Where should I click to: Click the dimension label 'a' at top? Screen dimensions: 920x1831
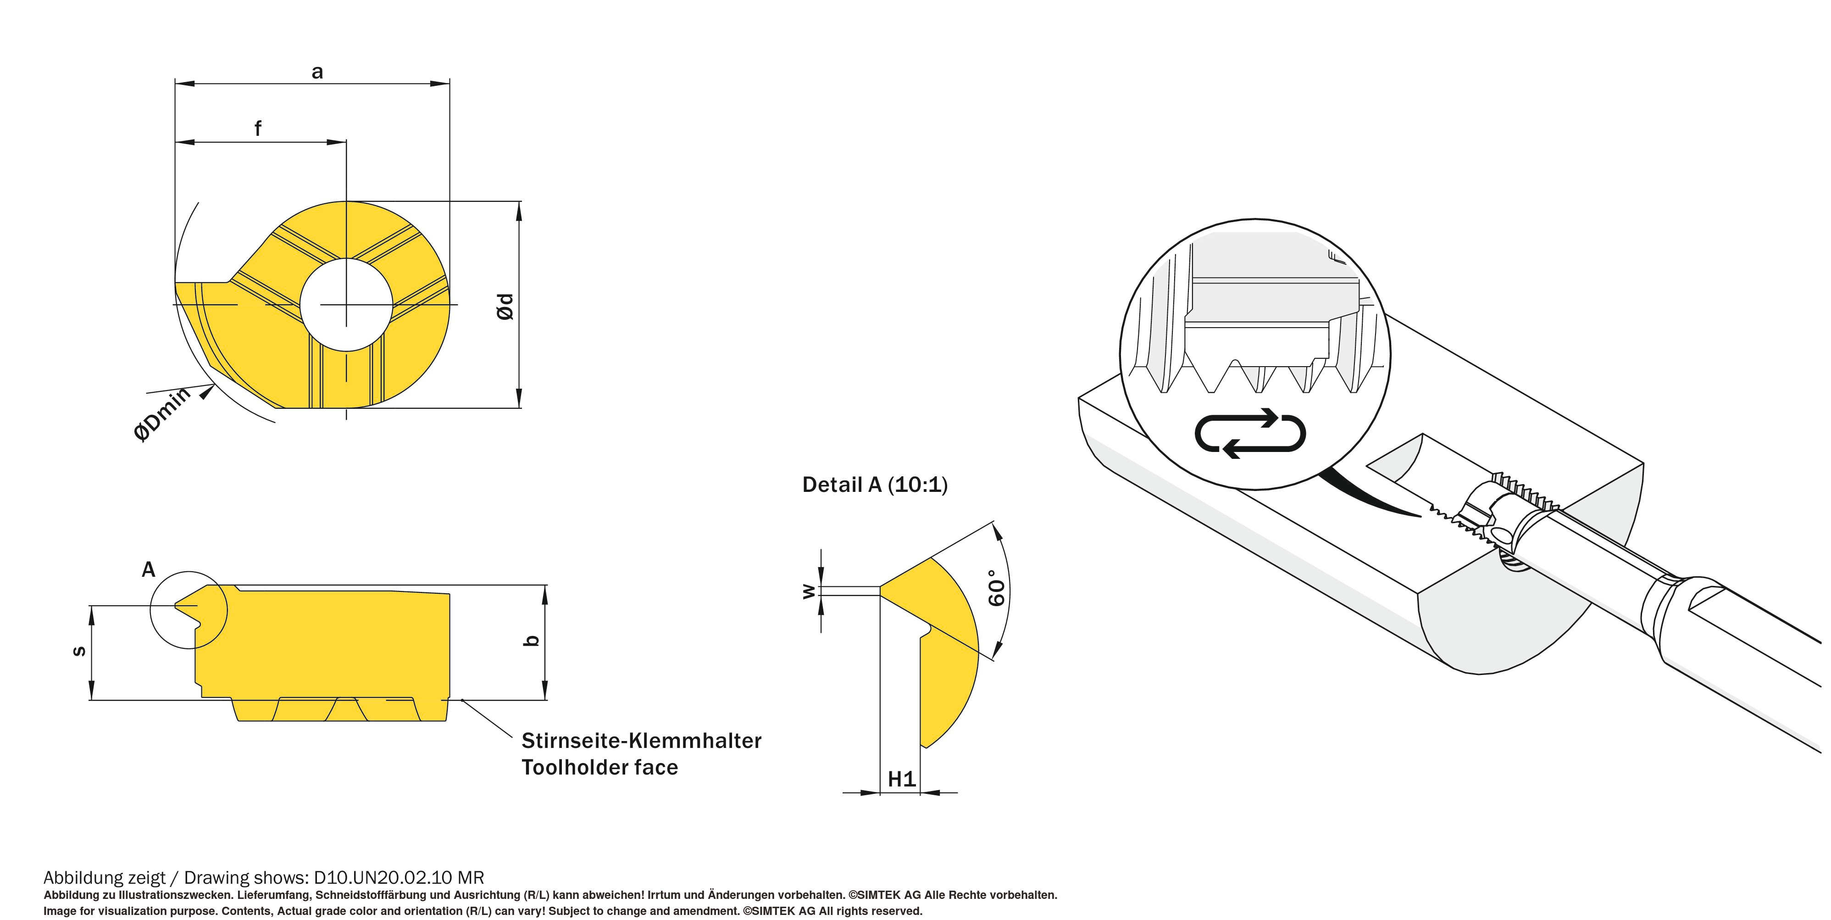317,72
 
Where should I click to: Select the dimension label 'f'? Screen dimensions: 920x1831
258,128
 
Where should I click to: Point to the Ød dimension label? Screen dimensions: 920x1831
505,307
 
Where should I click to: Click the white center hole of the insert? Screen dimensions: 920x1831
346,304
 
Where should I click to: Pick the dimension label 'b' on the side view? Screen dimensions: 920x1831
532,641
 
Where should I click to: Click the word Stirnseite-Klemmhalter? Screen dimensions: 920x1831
641,741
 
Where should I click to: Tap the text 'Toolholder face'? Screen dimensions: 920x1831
599,768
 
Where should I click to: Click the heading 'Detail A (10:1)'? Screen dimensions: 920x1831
874,485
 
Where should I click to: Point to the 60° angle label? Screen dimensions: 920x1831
997,587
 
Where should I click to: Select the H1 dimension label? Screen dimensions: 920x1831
901,779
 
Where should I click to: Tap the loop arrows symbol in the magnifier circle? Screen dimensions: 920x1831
1250,432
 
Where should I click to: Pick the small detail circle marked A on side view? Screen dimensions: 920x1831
189,610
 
